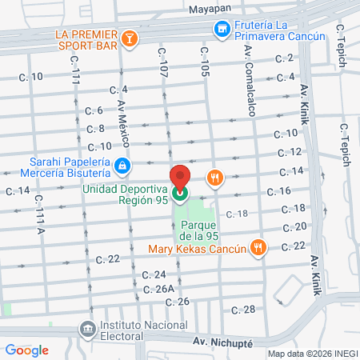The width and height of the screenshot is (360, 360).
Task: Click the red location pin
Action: pyautogui.click(x=179, y=177)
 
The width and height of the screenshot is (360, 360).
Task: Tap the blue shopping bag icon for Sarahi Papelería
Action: pyautogui.click(x=122, y=167)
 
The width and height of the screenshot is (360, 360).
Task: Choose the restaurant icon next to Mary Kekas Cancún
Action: pyautogui.click(x=257, y=247)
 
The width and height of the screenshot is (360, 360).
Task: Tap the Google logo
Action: pyautogui.click(x=26, y=349)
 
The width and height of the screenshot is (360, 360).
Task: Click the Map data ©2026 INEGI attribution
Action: pyautogui.click(x=312, y=353)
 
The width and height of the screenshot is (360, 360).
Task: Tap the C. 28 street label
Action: pyautogui.click(x=243, y=309)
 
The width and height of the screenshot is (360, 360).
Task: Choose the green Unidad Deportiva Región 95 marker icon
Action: pyautogui.click(x=179, y=193)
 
